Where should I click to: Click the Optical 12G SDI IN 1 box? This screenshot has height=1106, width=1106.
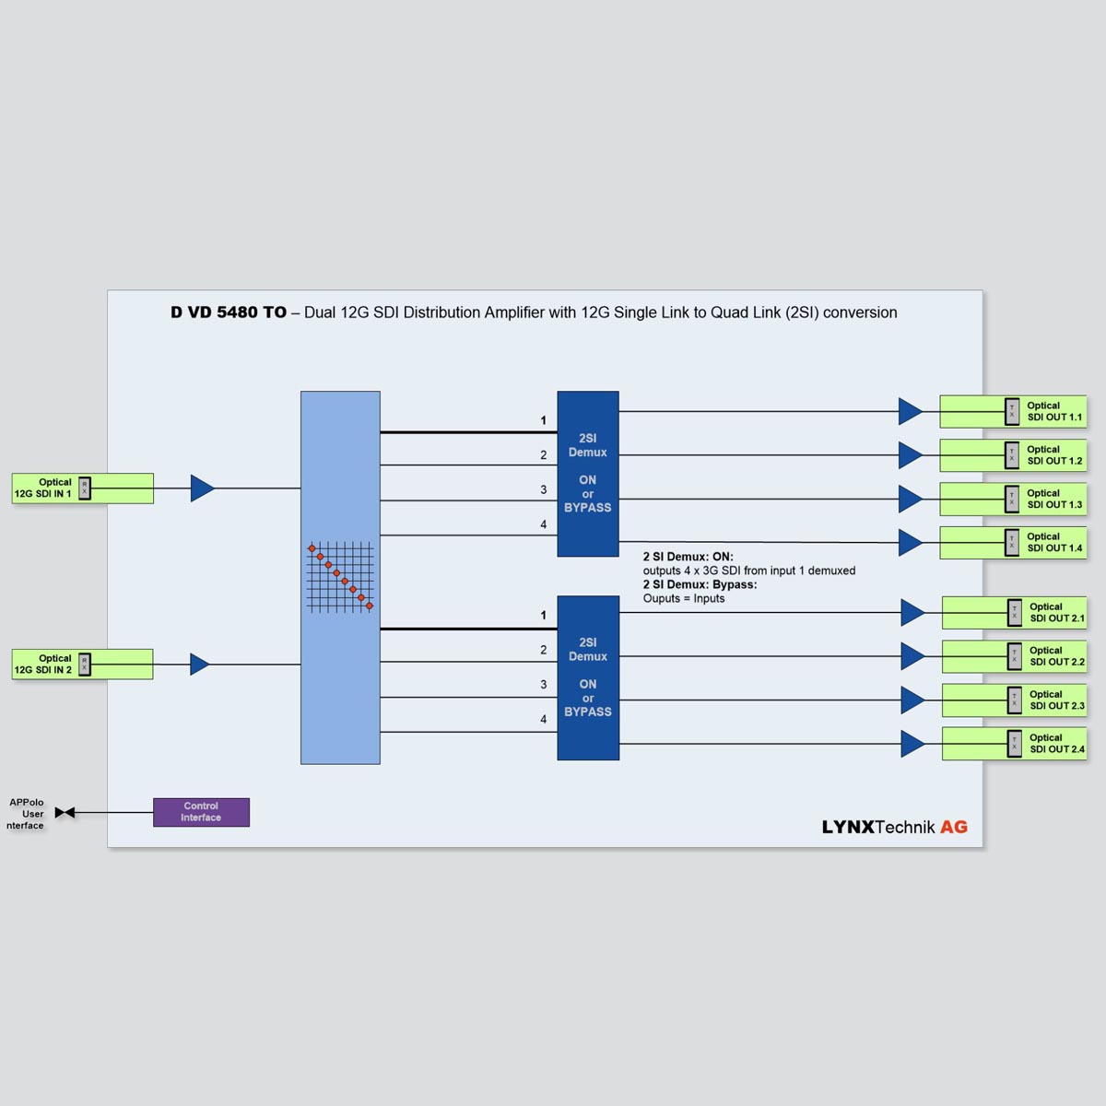coord(82,488)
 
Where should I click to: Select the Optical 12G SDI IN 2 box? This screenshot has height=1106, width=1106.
coord(82,664)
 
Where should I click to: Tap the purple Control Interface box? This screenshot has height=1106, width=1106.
coord(201,812)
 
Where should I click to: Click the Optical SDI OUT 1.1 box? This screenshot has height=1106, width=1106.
coord(1013,411)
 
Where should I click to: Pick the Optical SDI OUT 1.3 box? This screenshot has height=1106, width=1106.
coord(1013,499)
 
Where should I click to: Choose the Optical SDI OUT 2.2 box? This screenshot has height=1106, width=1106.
coord(1014,656)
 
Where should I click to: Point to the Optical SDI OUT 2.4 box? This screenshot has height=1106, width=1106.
coord(1014,744)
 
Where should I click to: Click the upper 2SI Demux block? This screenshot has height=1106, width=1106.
coord(588,474)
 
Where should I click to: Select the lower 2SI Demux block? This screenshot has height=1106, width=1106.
coord(588,678)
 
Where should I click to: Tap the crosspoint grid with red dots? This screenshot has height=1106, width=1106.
coord(340,577)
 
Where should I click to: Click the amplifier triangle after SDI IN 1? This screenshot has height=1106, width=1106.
coord(202,488)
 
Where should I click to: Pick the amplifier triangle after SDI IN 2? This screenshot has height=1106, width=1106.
coord(199,664)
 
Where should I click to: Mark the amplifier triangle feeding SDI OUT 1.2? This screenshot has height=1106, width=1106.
coord(910,454)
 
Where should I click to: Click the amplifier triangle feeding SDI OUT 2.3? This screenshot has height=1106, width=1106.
coord(912,700)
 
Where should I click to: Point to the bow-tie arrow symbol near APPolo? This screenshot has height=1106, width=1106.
coord(65,812)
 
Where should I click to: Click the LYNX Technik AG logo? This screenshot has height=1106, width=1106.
coord(894,827)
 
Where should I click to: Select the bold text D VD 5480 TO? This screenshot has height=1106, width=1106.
coord(229,312)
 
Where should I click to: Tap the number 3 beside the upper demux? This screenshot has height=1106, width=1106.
coord(544,489)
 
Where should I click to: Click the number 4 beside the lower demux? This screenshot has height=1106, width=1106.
coord(544,719)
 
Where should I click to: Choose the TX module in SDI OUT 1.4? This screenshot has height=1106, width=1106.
coord(1012,542)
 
